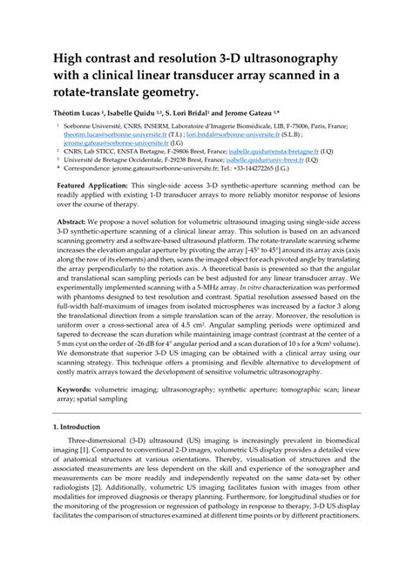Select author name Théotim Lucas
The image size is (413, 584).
point(80,112)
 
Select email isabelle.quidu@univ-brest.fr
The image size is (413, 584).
point(284,160)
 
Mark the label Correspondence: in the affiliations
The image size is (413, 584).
point(98,169)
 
